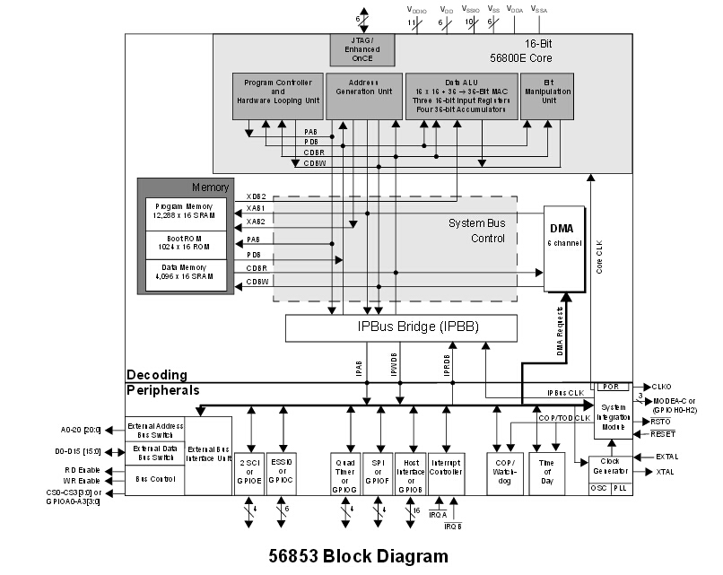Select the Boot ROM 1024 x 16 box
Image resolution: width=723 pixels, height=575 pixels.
pyautogui.click(x=186, y=245)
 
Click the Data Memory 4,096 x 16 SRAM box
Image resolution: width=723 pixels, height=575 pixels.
pyautogui.click(x=186, y=274)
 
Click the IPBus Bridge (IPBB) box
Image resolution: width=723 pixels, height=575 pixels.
pyautogui.click(x=401, y=327)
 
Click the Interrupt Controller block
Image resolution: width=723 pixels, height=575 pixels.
pyautogui.click(x=446, y=466)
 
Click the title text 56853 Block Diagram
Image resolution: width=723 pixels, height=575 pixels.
pyautogui.click(x=358, y=556)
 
